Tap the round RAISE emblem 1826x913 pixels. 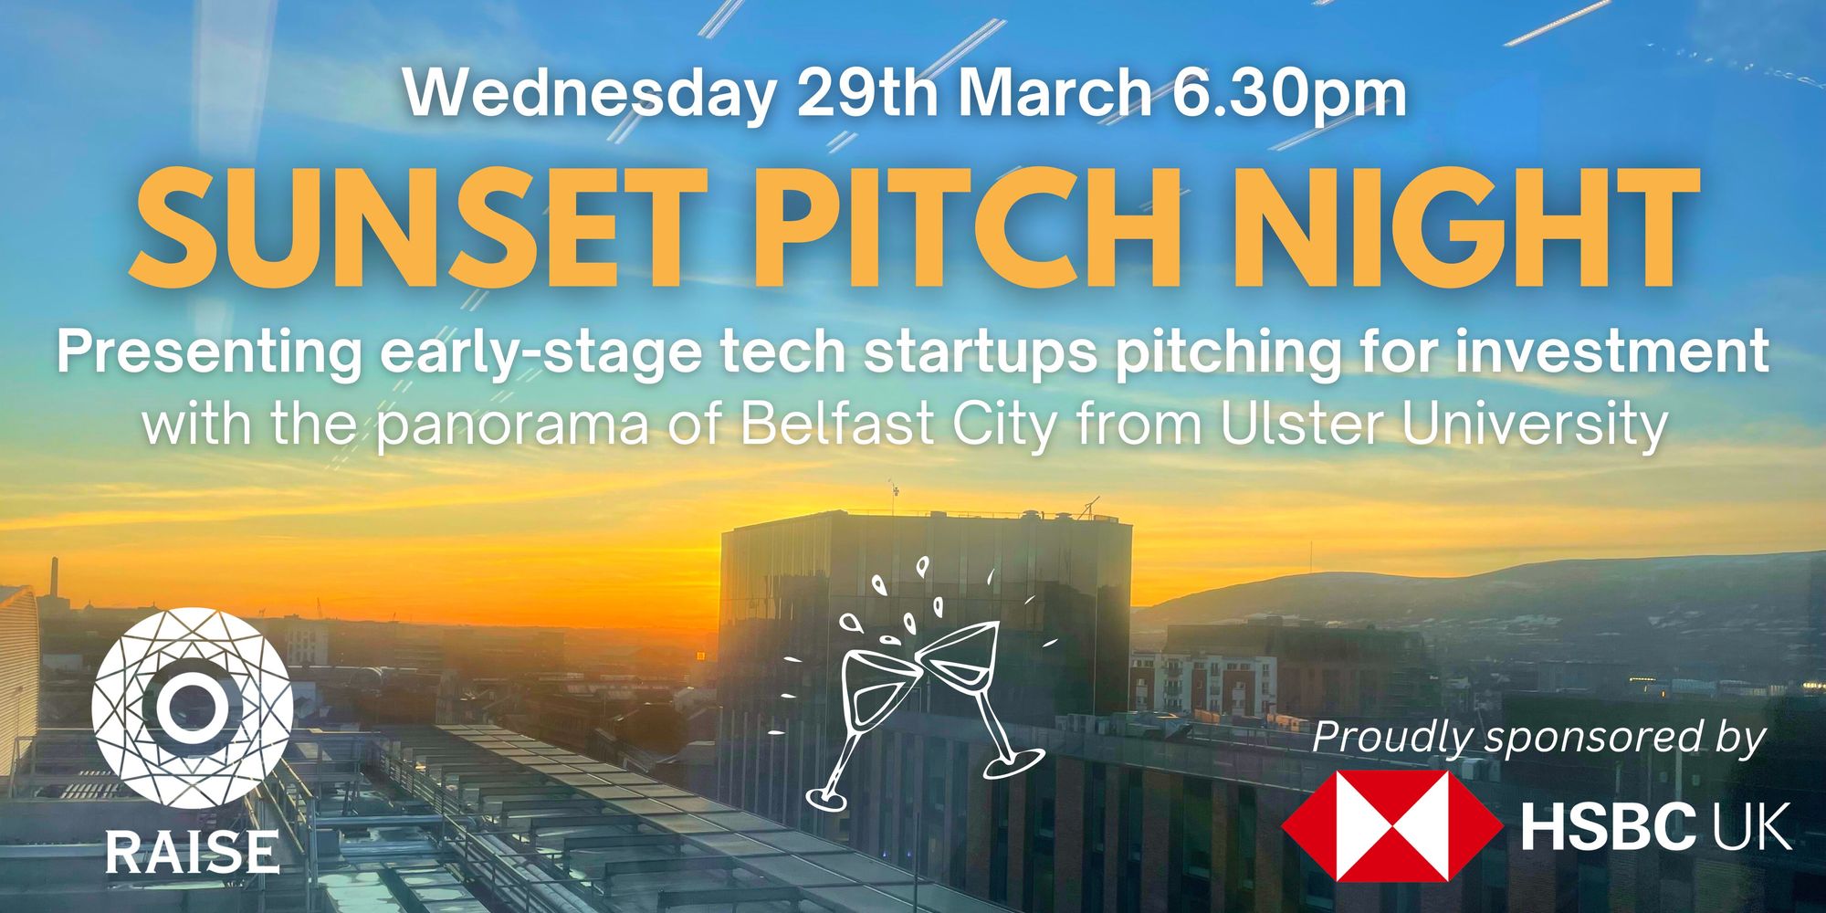(x=192, y=708)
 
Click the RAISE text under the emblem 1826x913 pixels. (x=192, y=851)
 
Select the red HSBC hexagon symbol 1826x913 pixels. (x=1392, y=825)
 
